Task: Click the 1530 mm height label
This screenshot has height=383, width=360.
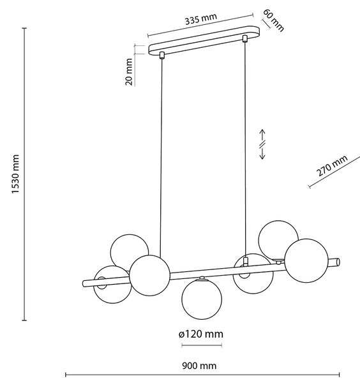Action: click(x=15, y=174)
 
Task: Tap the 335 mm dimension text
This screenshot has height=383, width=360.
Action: click(x=201, y=19)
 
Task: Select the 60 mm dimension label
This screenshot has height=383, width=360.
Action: click(x=274, y=20)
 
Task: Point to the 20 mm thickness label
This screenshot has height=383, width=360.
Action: click(x=129, y=71)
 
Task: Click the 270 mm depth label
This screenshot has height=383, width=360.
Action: click(x=332, y=165)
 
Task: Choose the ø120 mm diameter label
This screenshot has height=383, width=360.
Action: click(x=201, y=334)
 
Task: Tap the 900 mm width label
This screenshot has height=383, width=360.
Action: click(x=199, y=366)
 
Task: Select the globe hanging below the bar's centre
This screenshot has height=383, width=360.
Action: click(x=202, y=299)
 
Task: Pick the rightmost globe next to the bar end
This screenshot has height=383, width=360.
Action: click(x=306, y=260)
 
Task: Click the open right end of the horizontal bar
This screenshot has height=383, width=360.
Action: click(x=338, y=262)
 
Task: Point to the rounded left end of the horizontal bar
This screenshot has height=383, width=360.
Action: click(x=84, y=283)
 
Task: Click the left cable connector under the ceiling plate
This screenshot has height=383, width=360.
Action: click(x=161, y=55)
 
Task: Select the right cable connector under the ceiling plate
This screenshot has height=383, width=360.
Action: click(x=244, y=38)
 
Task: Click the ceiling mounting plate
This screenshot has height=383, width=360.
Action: click(x=204, y=40)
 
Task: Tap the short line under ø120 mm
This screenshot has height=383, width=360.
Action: click(x=202, y=345)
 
